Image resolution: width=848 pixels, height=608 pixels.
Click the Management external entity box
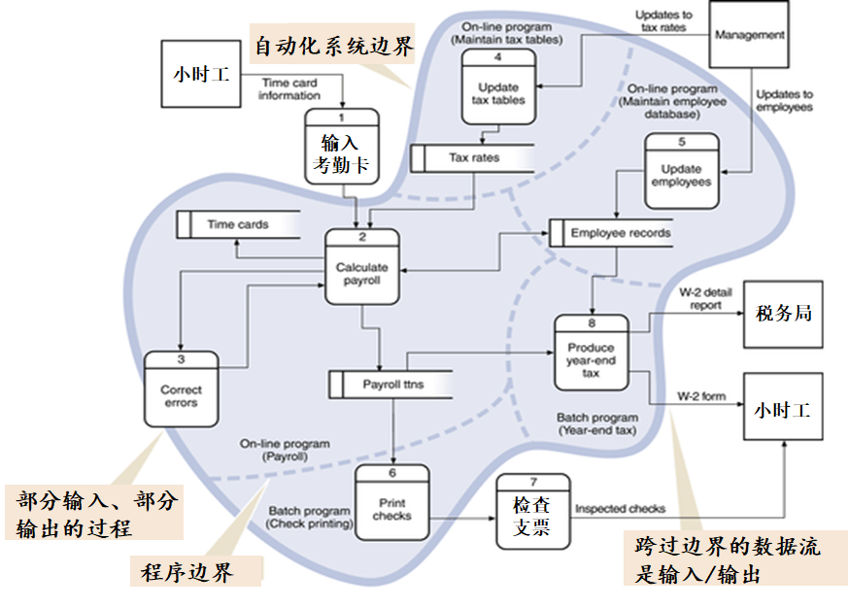point(748,34)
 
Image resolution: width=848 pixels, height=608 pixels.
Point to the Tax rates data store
point(473,157)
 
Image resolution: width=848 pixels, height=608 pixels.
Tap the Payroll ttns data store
point(390,384)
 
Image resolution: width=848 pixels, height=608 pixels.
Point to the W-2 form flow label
point(701,396)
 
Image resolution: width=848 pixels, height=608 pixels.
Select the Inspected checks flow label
point(620,508)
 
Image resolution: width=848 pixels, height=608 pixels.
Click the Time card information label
point(289,89)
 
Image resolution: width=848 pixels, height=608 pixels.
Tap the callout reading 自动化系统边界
point(332,46)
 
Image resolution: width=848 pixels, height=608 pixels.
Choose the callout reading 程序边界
point(195,571)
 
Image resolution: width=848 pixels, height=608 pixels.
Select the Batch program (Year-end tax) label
point(598,423)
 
